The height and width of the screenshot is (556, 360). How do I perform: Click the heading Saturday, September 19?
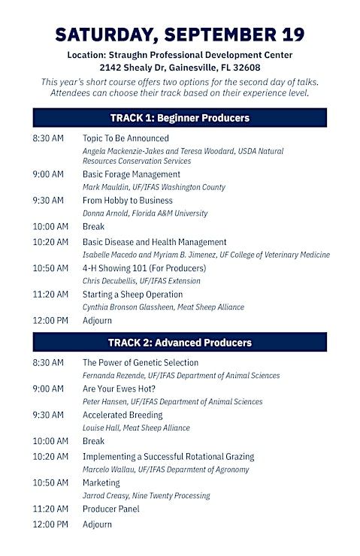(180, 35)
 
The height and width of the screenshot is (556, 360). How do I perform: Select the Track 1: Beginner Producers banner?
(180, 118)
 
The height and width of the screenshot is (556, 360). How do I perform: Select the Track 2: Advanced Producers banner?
(180, 342)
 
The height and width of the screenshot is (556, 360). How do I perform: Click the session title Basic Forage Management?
(132, 174)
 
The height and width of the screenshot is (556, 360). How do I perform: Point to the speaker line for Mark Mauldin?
(154, 187)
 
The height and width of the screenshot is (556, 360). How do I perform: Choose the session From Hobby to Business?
(128, 201)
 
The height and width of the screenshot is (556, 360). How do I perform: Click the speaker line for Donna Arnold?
(145, 213)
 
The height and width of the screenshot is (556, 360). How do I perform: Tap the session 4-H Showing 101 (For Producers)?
(144, 268)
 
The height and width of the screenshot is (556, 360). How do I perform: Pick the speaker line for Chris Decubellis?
(141, 281)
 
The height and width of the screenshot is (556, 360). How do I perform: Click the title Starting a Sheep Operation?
(132, 295)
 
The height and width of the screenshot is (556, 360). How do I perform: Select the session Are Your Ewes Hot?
(119, 388)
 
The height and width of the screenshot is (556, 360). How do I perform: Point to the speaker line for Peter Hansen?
(173, 401)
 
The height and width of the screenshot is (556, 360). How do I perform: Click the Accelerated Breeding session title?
(123, 415)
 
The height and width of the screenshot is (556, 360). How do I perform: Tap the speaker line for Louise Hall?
(136, 428)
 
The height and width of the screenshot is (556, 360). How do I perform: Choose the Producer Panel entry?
(111, 509)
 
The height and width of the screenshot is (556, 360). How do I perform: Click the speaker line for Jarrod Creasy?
(147, 495)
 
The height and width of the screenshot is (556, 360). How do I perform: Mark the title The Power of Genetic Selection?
(141, 362)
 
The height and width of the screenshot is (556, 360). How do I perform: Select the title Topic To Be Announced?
(126, 138)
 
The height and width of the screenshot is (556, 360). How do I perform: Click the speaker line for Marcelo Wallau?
(166, 470)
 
